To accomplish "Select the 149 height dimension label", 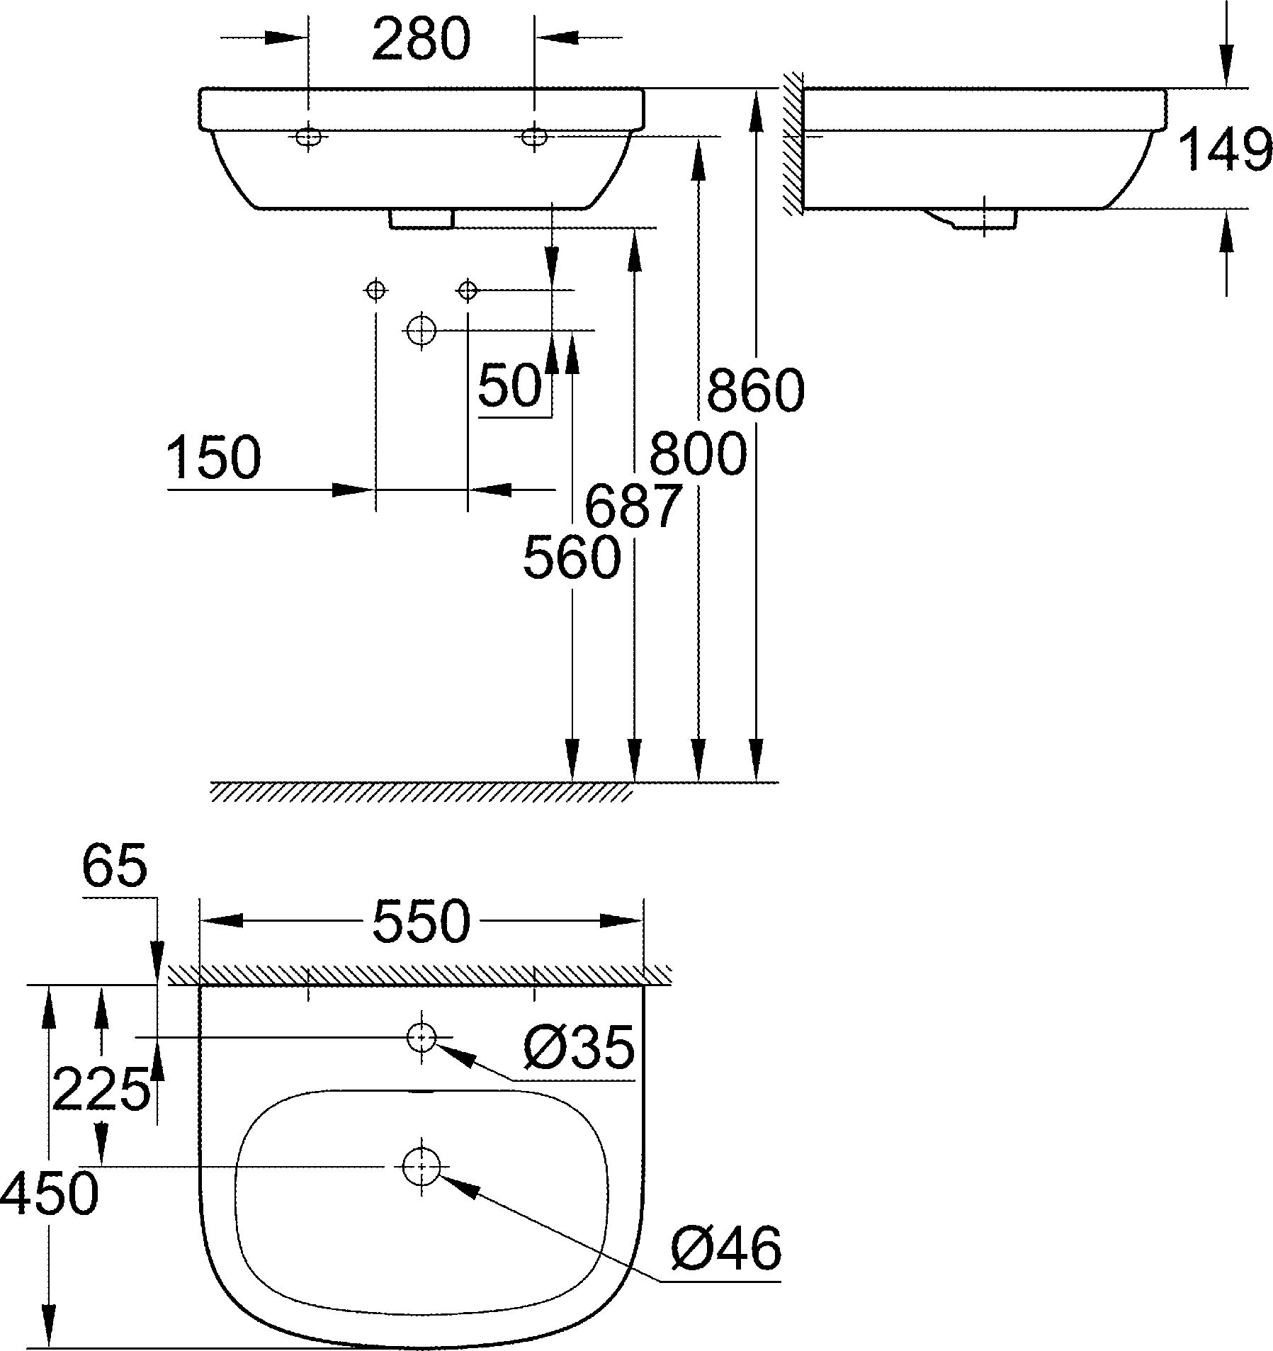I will [x=1225, y=149].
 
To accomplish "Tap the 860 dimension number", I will [x=756, y=390].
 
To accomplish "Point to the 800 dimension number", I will [x=698, y=453].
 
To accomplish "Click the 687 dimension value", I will [x=633, y=507].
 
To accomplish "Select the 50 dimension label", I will [x=510, y=387].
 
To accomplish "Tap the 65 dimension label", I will [x=115, y=866].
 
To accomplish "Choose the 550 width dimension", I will [x=421, y=921].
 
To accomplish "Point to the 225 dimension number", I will [x=101, y=1089].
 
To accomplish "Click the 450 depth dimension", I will [x=49, y=1192].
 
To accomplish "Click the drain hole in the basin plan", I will [x=421, y=1165].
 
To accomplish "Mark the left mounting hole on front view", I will [x=308, y=137].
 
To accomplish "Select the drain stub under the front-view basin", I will [x=421, y=219].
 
